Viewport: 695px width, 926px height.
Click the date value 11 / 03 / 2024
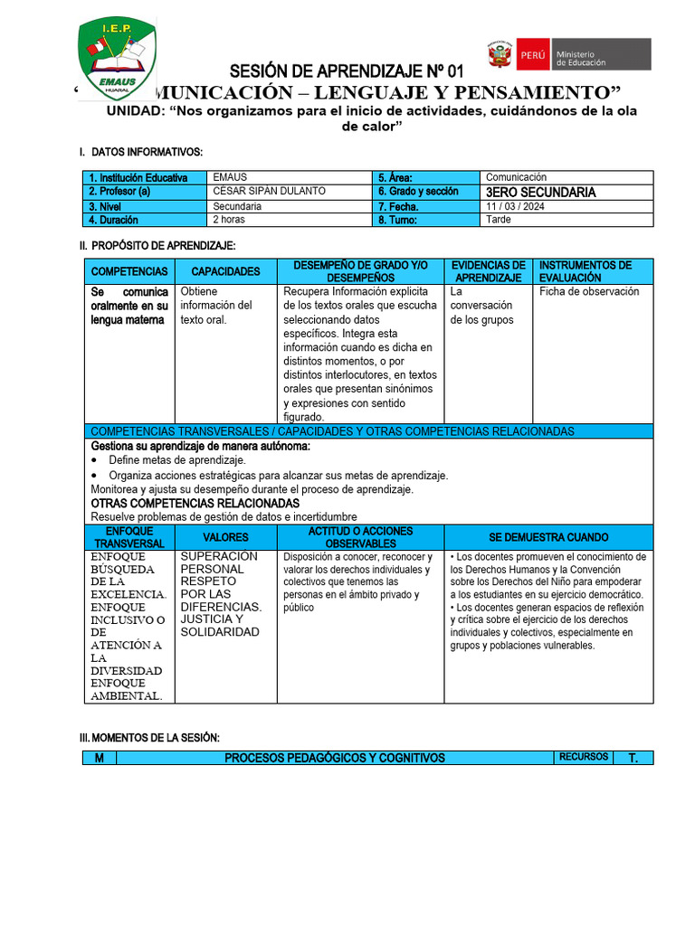click(x=515, y=206)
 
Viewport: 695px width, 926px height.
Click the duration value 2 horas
click(x=230, y=220)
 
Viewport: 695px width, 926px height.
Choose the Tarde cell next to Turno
click(x=498, y=220)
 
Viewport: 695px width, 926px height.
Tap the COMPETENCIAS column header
click(x=129, y=271)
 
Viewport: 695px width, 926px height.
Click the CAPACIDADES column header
click(x=225, y=271)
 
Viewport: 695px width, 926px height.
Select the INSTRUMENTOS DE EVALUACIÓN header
click(x=586, y=271)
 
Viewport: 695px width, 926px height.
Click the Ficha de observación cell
click(x=589, y=292)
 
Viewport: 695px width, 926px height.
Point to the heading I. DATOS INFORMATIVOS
click(x=141, y=152)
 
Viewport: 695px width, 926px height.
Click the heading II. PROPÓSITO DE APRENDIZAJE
click(x=157, y=245)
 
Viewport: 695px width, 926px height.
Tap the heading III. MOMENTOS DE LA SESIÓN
click(x=149, y=738)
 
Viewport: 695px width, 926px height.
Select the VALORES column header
click(x=225, y=537)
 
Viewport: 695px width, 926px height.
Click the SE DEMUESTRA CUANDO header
click(x=548, y=537)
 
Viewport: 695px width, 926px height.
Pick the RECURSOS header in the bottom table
click(x=583, y=757)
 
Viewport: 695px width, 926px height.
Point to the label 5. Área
click(x=396, y=178)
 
